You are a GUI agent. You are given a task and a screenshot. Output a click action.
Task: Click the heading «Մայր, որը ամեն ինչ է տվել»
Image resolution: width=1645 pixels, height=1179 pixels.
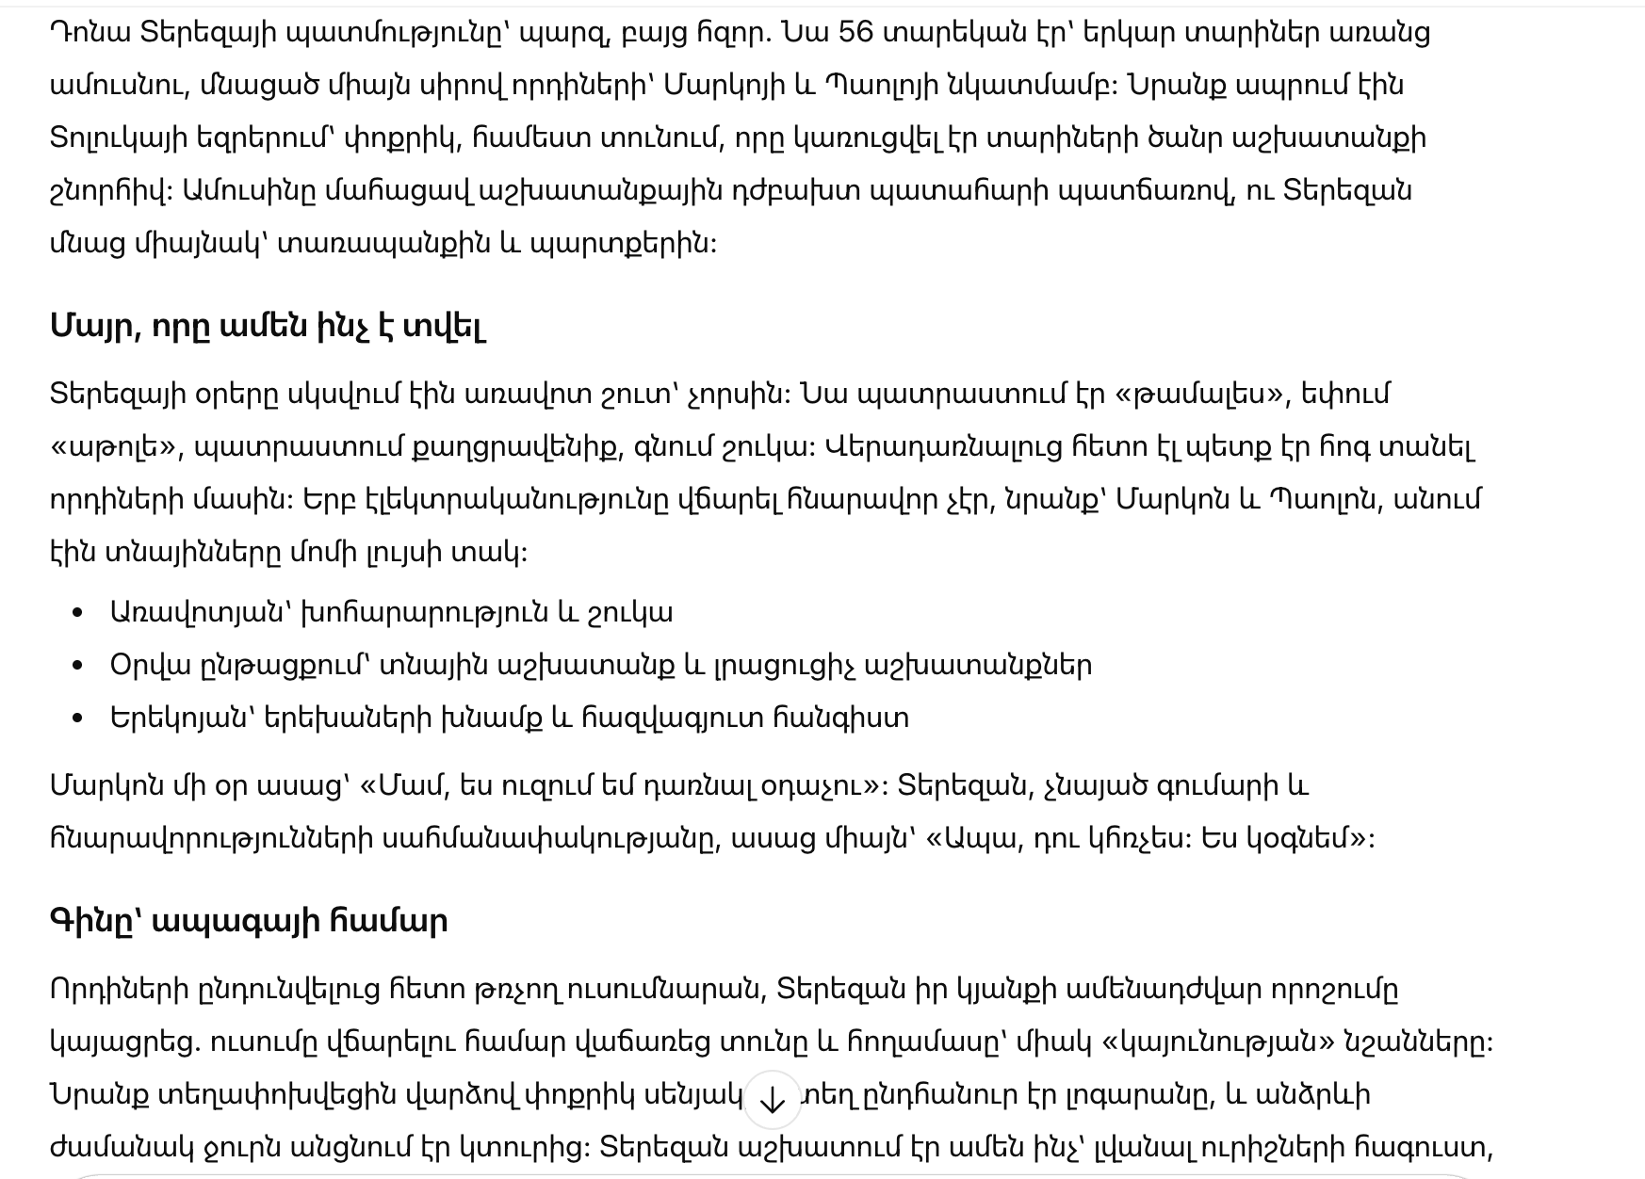268,326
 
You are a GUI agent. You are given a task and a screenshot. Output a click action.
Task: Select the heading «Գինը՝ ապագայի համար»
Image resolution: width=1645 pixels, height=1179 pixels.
249,920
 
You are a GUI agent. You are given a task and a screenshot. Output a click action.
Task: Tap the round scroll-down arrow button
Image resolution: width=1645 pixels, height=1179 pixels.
772,1099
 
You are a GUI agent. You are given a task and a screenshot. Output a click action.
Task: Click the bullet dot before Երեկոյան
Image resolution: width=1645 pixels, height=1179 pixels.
78,719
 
